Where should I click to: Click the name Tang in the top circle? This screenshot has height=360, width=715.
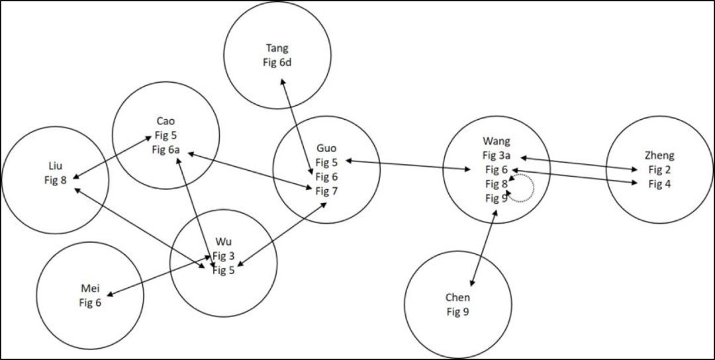(x=277, y=48)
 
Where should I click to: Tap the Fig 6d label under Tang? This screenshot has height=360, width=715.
(x=277, y=62)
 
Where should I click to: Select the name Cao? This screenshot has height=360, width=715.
(x=165, y=121)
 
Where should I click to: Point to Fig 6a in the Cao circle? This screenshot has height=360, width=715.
(x=166, y=150)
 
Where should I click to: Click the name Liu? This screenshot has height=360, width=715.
(x=55, y=166)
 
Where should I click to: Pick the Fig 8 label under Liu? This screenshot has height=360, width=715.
(x=55, y=180)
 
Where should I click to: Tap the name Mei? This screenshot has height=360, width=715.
(x=90, y=289)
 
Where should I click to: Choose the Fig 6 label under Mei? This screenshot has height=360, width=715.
(x=90, y=302)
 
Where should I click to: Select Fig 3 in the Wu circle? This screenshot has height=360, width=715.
(x=224, y=256)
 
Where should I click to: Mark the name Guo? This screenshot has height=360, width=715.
(x=326, y=148)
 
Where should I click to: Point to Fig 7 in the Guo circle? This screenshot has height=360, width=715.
(x=326, y=191)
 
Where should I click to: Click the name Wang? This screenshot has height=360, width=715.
(x=497, y=140)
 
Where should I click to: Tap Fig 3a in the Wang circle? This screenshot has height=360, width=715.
(x=497, y=155)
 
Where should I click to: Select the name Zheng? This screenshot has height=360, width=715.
(x=660, y=156)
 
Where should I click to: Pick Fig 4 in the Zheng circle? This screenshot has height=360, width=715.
(x=660, y=184)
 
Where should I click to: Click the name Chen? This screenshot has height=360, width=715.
(x=458, y=298)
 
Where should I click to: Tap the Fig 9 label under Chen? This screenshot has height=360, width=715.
(x=458, y=312)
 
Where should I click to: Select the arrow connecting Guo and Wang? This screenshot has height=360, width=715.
(x=408, y=165)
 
